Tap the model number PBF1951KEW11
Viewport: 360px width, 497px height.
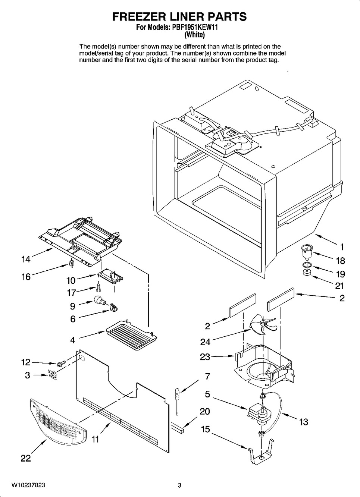(x=193, y=28)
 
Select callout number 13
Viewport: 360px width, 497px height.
(x=304, y=422)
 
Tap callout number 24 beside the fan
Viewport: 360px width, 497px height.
(x=205, y=342)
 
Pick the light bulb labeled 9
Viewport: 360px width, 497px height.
(x=100, y=300)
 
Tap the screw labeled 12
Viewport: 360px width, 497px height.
(x=61, y=363)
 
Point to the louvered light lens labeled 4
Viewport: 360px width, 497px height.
(x=132, y=335)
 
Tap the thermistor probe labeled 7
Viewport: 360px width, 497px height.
(x=177, y=400)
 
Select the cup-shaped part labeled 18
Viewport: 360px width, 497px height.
(x=306, y=252)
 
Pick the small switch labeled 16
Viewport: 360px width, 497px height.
(x=71, y=263)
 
